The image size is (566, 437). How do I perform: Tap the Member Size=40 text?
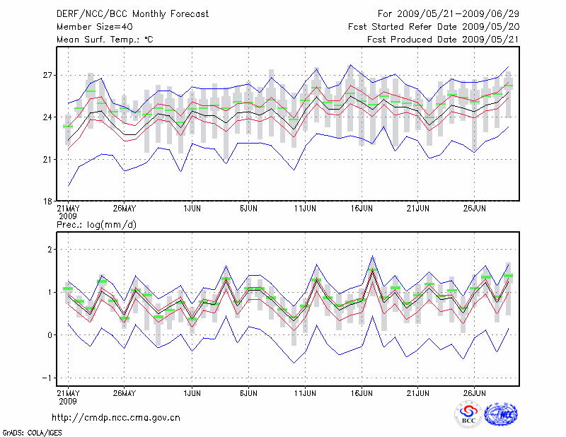click(89, 27)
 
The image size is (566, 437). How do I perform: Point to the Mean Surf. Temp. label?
click(105, 40)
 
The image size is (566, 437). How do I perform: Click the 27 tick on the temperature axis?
click(48, 75)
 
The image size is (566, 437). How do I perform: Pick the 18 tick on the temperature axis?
click(48, 202)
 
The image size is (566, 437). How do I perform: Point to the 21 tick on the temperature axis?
click(48, 159)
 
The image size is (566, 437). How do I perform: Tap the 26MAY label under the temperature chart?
click(123, 209)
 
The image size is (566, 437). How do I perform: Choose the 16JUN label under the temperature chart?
click(362, 209)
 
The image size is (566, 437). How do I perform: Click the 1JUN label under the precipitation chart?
click(191, 392)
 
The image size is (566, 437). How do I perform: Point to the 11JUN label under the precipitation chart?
click(305, 392)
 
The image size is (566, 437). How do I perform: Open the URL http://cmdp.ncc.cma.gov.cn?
click(116, 417)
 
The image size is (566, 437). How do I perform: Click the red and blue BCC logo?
click(468, 414)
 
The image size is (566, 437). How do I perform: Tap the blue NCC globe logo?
click(500, 414)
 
